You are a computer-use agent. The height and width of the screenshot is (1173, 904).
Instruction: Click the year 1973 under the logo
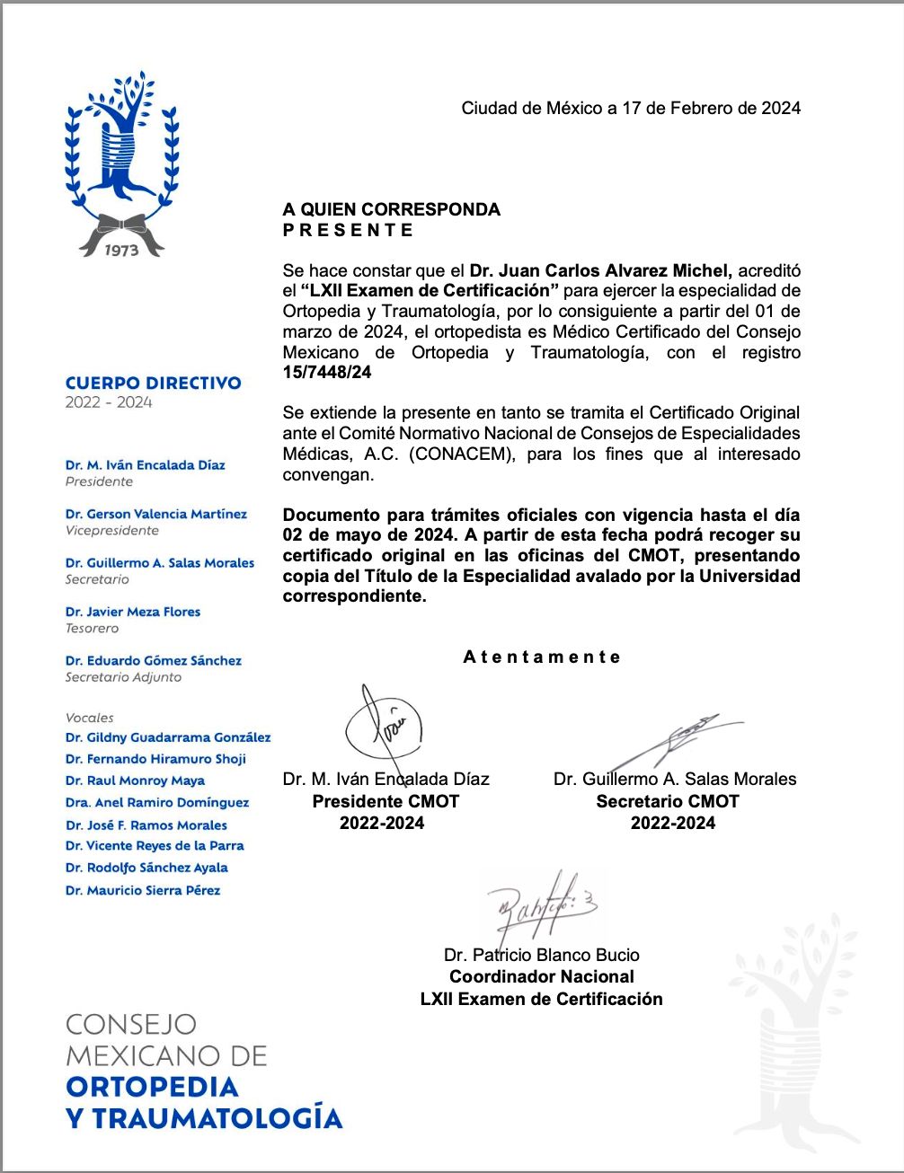[x=121, y=251]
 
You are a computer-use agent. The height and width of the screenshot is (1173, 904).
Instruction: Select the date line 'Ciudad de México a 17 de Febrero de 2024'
[x=631, y=109]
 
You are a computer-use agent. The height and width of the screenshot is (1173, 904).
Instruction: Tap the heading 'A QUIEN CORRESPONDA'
[x=392, y=209]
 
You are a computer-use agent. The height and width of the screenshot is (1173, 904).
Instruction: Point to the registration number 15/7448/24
[x=327, y=373]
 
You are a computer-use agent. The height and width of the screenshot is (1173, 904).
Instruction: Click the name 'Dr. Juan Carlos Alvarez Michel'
[x=601, y=270]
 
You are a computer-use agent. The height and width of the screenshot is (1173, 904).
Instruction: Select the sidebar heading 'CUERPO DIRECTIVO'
[x=153, y=384]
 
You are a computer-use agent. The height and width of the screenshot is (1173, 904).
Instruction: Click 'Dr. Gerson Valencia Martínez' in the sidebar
[x=155, y=514]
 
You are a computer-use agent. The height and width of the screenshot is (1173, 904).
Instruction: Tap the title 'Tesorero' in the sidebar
[x=92, y=629]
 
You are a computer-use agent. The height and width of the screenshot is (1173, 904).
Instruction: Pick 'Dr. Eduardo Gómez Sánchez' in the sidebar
[x=153, y=661]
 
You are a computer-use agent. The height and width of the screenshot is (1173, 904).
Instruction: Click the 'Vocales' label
[x=90, y=718]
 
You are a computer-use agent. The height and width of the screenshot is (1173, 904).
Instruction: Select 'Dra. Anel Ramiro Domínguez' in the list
[x=156, y=803]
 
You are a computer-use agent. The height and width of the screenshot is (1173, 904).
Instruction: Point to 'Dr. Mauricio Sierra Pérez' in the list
[x=142, y=891]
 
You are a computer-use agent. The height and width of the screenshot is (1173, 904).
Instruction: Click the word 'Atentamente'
[x=542, y=657]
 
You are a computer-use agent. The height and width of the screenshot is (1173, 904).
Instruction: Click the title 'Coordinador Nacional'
[x=542, y=977]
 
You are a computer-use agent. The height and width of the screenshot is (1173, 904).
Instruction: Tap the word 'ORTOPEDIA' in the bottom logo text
[x=152, y=1088]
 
